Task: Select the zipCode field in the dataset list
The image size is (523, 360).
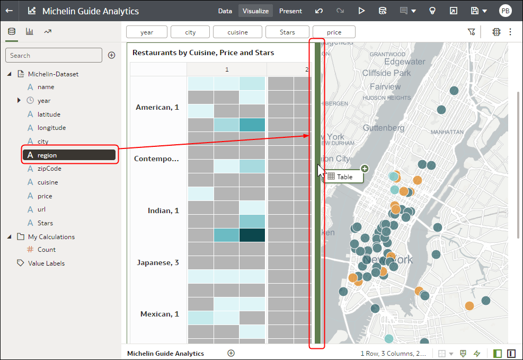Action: [49, 169]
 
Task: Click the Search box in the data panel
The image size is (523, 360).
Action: [54, 56]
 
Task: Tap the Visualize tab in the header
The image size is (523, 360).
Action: [255, 11]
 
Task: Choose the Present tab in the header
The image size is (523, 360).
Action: [290, 11]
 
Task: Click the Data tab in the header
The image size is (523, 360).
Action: [225, 11]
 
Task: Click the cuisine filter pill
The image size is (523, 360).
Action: [237, 32]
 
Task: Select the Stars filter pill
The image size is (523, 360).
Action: [287, 32]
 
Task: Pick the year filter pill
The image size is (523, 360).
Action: [147, 32]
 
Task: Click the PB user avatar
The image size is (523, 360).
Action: [505, 11]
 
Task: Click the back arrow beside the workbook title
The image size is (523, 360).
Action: [10, 11]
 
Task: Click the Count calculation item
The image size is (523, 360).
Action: [46, 250]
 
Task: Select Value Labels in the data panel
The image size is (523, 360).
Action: [46, 264]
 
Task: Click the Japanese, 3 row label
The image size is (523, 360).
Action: [158, 262]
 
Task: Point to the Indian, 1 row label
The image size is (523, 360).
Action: [163, 210]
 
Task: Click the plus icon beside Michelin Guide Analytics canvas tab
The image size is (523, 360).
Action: [231, 353]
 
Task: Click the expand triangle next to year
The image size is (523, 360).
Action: [19, 100]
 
